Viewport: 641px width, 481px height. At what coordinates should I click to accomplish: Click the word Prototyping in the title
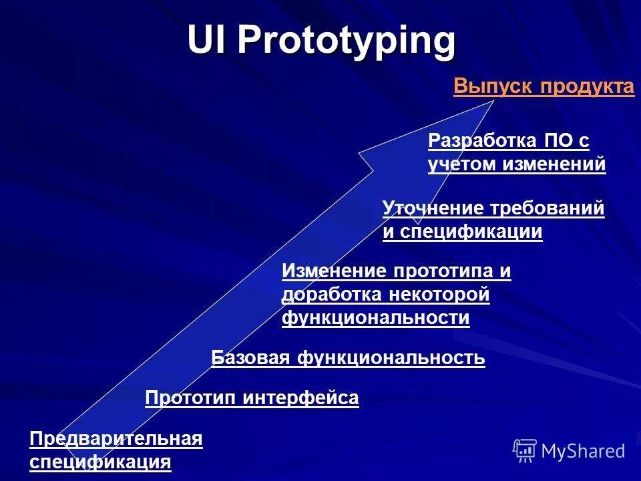click(x=347, y=41)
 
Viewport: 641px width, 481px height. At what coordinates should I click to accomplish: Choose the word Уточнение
click(x=433, y=208)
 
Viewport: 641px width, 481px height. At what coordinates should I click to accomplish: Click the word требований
click(x=547, y=208)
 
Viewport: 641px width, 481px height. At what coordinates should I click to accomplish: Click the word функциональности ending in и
click(x=376, y=318)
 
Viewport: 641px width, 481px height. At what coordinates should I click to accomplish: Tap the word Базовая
click(x=250, y=358)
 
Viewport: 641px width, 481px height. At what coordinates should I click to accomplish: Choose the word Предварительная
click(x=116, y=439)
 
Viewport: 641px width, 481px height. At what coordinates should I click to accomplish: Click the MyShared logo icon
click(x=525, y=450)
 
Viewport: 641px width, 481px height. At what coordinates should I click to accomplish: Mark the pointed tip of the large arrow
click(x=495, y=100)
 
